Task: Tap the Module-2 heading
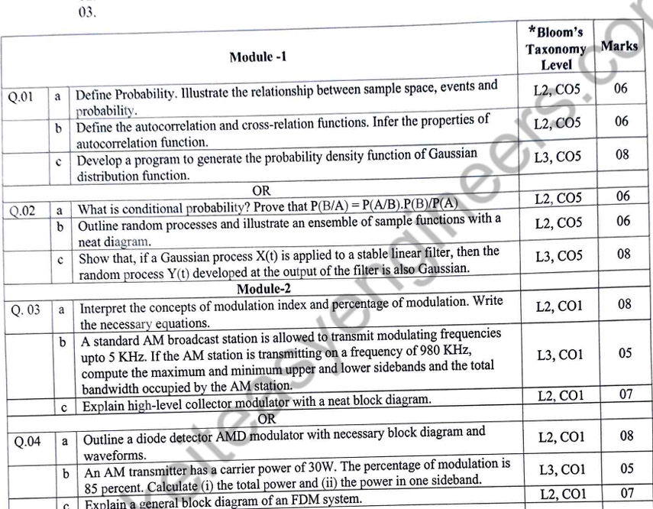click(x=263, y=289)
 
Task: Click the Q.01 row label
click(x=21, y=97)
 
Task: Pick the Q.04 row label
click(x=27, y=441)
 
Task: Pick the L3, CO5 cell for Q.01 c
click(x=558, y=157)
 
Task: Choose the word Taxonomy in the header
click(x=555, y=49)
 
